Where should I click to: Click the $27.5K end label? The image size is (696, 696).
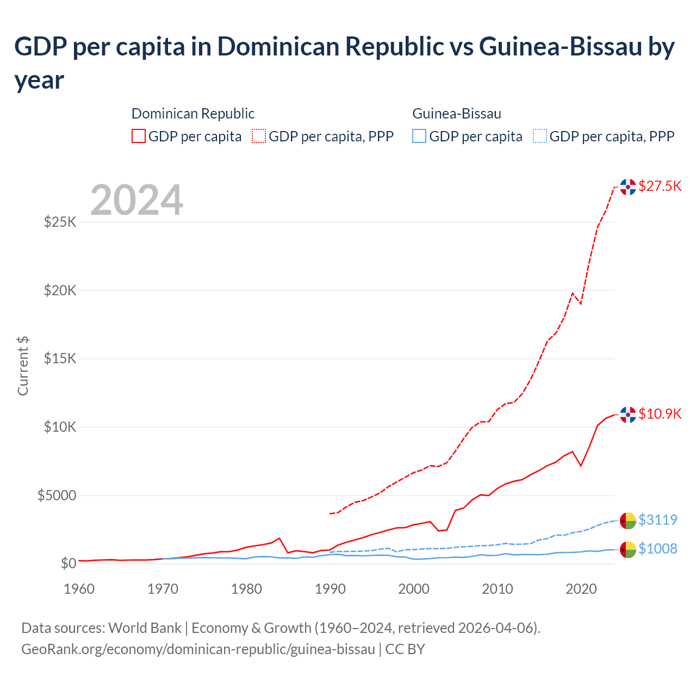pyautogui.click(x=660, y=187)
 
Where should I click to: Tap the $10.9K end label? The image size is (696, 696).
pyautogui.click(x=660, y=414)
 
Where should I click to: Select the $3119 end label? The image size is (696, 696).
pyautogui.click(x=657, y=520)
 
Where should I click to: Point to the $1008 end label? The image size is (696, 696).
pyautogui.click(x=657, y=549)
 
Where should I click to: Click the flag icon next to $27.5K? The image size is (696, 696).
pyautogui.click(x=628, y=187)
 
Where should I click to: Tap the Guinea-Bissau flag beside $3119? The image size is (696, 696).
pyautogui.click(x=628, y=520)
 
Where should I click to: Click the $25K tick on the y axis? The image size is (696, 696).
pyautogui.click(x=60, y=222)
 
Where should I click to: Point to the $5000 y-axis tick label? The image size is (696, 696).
pyautogui.click(x=57, y=496)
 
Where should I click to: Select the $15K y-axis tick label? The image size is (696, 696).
pyautogui.click(x=60, y=359)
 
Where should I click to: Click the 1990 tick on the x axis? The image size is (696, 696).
pyautogui.click(x=330, y=589)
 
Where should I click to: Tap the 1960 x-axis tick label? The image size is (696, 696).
pyautogui.click(x=79, y=589)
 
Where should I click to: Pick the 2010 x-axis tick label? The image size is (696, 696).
pyautogui.click(x=498, y=589)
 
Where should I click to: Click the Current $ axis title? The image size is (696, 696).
pyautogui.click(x=23, y=366)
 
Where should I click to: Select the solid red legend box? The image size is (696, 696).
pyautogui.click(x=139, y=136)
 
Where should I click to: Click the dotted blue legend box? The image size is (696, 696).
pyautogui.click(x=539, y=136)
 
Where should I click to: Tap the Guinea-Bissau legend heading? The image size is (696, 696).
pyautogui.click(x=457, y=114)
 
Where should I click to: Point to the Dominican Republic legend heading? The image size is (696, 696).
pyautogui.click(x=193, y=114)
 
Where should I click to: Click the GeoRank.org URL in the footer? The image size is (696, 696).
pyautogui.click(x=198, y=649)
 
